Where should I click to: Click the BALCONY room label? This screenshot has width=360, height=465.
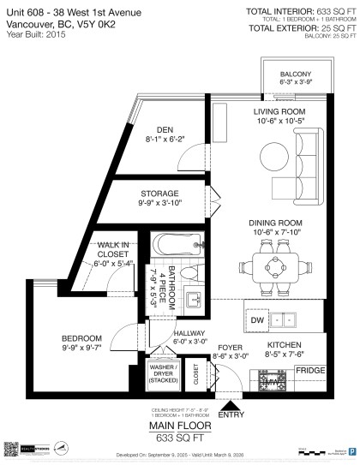coord(294,74)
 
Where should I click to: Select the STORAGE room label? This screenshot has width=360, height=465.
coord(159,194)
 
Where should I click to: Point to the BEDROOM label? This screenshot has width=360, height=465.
coord(81,337)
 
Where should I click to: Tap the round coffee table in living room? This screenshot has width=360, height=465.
coord(278,156)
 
